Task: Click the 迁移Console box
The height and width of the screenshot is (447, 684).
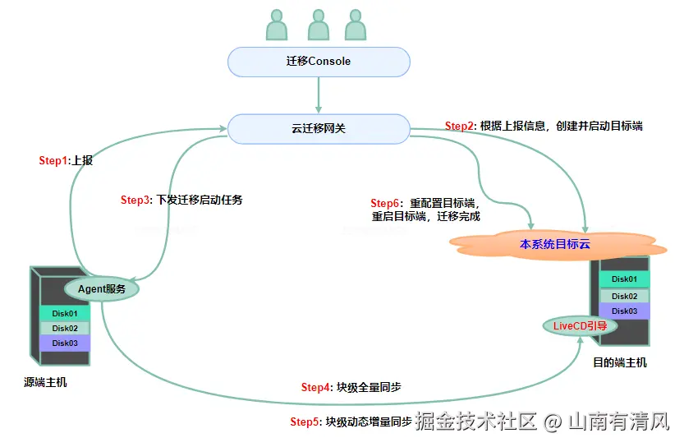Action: click(x=318, y=62)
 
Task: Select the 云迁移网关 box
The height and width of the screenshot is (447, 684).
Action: click(x=318, y=128)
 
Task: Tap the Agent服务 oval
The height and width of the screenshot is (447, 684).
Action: click(x=101, y=289)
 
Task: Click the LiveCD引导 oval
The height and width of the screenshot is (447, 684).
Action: click(x=580, y=325)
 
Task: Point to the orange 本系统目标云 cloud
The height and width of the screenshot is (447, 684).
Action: click(x=554, y=245)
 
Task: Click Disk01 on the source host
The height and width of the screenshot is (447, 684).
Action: click(x=65, y=313)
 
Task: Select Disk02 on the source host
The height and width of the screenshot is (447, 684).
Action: click(x=65, y=328)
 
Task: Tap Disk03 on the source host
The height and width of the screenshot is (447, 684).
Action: click(x=65, y=343)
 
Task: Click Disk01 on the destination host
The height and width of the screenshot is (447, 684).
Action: click(x=624, y=280)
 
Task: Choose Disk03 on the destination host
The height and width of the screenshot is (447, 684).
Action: click(x=624, y=311)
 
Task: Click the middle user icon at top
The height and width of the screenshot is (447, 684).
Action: click(x=318, y=25)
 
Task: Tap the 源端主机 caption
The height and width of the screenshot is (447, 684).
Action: click(x=46, y=382)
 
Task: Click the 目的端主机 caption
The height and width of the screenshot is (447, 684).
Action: click(x=620, y=362)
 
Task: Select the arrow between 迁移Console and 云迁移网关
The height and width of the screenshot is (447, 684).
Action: click(x=318, y=95)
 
